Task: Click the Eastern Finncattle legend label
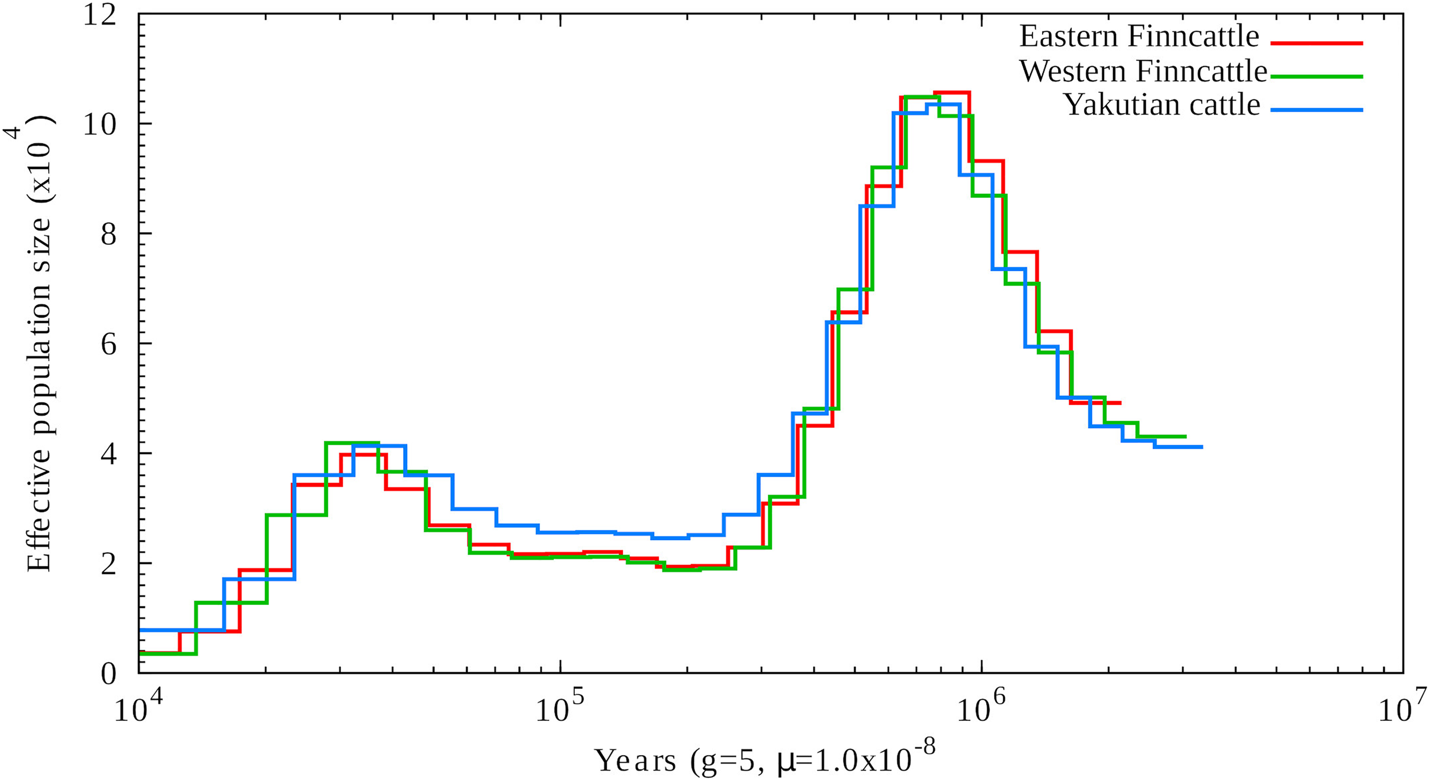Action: (x=1139, y=37)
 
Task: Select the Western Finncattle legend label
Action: (x=1143, y=72)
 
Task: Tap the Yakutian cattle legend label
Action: (x=1162, y=105)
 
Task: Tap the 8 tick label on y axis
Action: (x=109, y=234)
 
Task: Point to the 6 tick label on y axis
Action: (x=109, y=344)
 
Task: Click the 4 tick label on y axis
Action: (x=109, y=454)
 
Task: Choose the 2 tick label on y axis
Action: (x=109, y=564)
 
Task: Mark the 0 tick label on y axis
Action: (x=109, y=673)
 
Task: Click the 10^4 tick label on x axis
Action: (x=139, y=710)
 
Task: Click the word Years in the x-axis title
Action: (x=635, y=762)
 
